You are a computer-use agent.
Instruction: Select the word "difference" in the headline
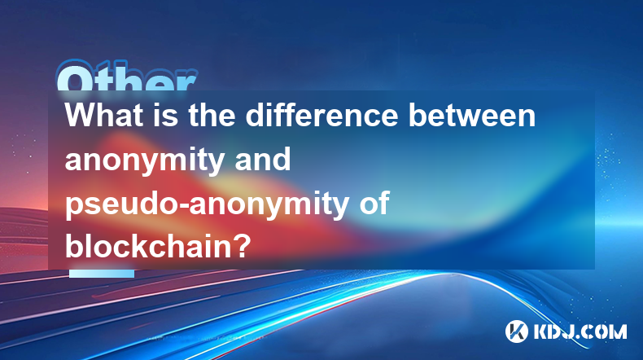321,116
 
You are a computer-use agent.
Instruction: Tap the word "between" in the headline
472,116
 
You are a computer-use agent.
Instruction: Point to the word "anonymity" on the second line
144,161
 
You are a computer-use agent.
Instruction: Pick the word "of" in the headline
374,202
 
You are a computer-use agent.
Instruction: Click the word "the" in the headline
212,116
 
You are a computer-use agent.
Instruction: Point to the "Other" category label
127,76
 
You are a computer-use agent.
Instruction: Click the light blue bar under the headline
101,274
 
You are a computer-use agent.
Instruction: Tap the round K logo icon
516,331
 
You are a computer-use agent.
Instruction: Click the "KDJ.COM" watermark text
580,331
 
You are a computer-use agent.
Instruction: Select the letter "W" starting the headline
81,116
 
